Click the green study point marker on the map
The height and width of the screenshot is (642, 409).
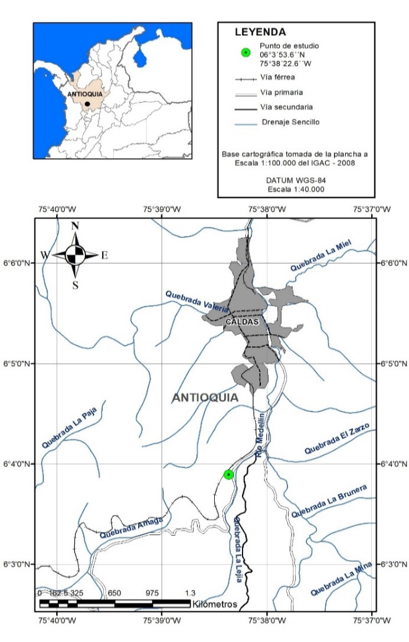point(229,474)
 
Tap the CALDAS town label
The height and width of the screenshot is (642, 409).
point(242,322)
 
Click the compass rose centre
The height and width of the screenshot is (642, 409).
point(75,255)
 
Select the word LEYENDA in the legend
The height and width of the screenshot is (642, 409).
point(260,32)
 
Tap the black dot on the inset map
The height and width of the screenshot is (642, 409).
point(87,104)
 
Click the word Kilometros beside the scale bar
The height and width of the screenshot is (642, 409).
point(214,604)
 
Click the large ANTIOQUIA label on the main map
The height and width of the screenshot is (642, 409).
point(205,397)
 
